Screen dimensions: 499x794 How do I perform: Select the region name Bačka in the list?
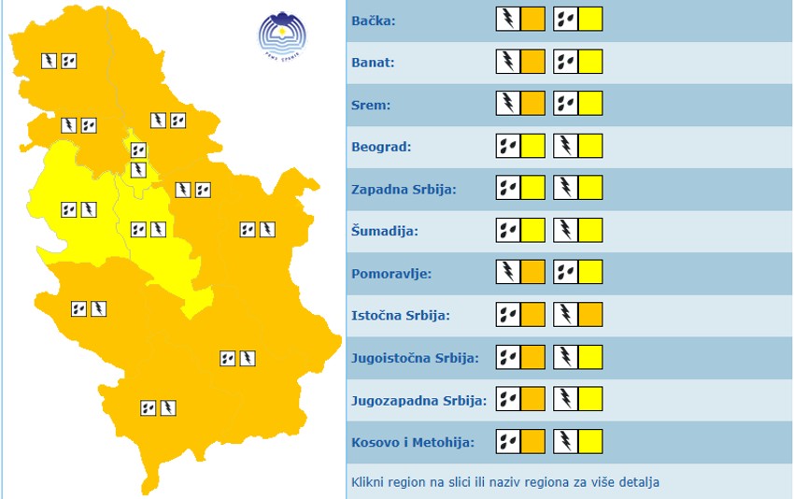click(374, 21)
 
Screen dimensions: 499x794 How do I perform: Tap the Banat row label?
click(373, 63)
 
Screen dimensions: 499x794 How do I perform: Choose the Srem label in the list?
click(371, 105)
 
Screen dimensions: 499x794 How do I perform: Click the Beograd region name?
click(381, 147)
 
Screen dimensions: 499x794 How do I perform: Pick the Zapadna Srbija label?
click(404, 189)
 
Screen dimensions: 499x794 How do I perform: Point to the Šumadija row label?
click(385, 231)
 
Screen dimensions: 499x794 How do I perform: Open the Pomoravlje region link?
click(391, 273)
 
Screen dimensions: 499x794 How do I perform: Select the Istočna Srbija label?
click(400, 315)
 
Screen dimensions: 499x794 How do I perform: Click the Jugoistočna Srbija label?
click(415, 358)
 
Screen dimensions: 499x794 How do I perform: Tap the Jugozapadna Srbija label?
click(418, 400)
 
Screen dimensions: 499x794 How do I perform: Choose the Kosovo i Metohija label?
click(412, 442)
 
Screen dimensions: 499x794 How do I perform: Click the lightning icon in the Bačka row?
click(507, 19)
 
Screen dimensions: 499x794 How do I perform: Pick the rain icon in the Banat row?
click(566, 62)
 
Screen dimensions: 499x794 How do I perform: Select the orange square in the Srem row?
click(532, 103)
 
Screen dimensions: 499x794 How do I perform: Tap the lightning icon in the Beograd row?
click(566, 146)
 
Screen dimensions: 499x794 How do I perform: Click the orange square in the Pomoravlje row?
click(532, 272)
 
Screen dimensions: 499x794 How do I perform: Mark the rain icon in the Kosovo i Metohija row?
click(507, 441)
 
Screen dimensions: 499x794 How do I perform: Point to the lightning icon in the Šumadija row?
click(566, 230)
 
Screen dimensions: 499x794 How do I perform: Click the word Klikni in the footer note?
click(368, 483)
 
